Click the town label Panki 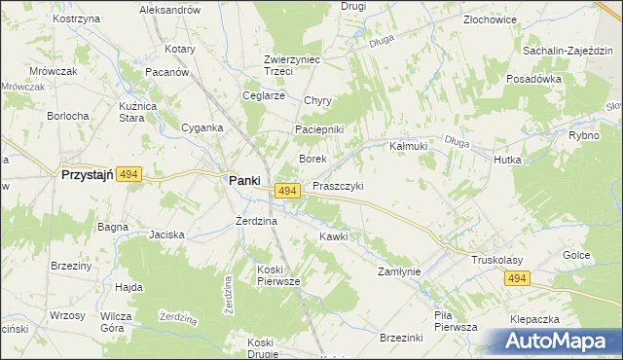coord(242,180)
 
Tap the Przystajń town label coord(88,176)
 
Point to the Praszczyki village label coord(338,186)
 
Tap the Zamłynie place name coord(399,272)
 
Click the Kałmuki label coord(409,146)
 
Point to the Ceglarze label coord(263,95)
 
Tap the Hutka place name coord(507,160)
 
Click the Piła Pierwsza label coord(456,321)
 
